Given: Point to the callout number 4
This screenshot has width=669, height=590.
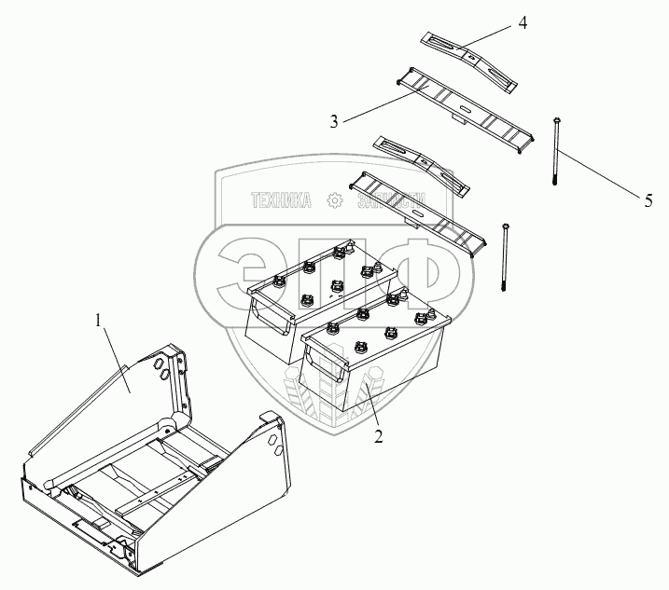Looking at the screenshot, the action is [x=522, y=23].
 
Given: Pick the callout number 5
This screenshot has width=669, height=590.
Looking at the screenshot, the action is [x=648, y=198].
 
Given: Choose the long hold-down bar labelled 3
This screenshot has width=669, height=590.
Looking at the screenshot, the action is [x=467, y=103].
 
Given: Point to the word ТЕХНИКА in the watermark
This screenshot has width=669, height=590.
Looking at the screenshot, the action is [x=280, y=200].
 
